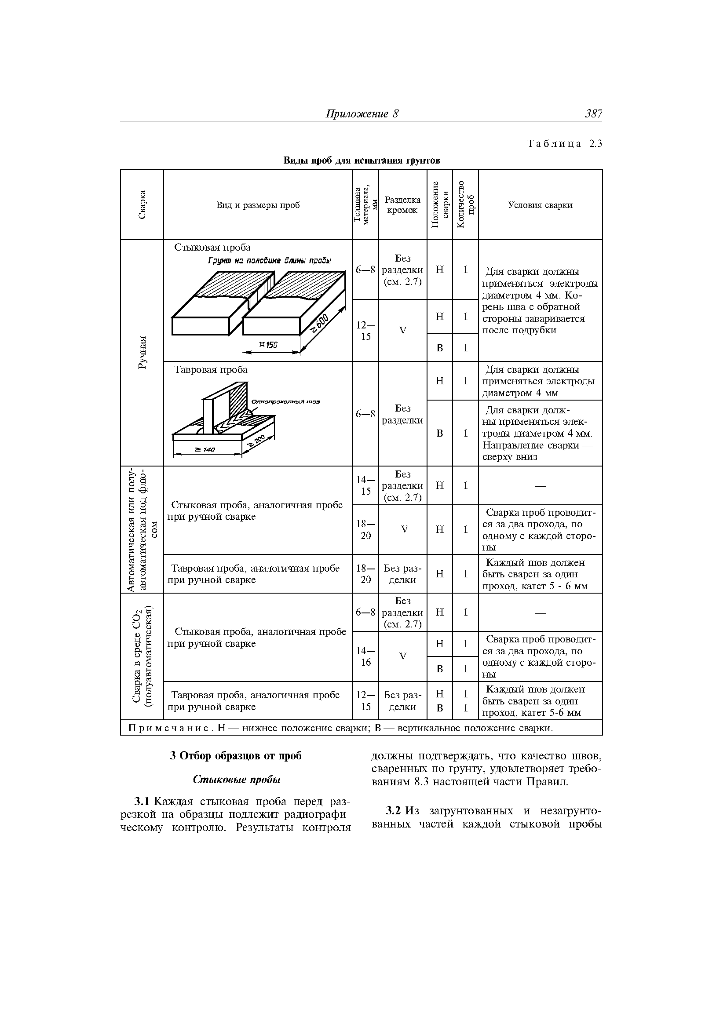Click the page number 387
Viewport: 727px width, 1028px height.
593,114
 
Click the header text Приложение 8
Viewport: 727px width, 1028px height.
362,114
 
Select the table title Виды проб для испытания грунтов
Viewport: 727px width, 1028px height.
362,160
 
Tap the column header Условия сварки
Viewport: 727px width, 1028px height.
540,205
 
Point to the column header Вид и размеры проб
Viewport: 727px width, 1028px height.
258,205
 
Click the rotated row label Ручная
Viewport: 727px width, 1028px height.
142,352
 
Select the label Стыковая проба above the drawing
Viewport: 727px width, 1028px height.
212,248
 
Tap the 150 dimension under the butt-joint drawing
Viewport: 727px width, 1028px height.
268,345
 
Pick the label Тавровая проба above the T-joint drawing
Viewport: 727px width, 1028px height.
211,370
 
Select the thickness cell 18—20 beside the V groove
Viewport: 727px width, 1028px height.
365,530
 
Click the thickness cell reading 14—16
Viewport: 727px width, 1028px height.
365,656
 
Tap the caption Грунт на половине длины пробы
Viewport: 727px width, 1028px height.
269,261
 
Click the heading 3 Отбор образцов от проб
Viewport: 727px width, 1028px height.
236,756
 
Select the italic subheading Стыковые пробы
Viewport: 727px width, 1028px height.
237,780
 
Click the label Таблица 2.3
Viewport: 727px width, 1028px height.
564,144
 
